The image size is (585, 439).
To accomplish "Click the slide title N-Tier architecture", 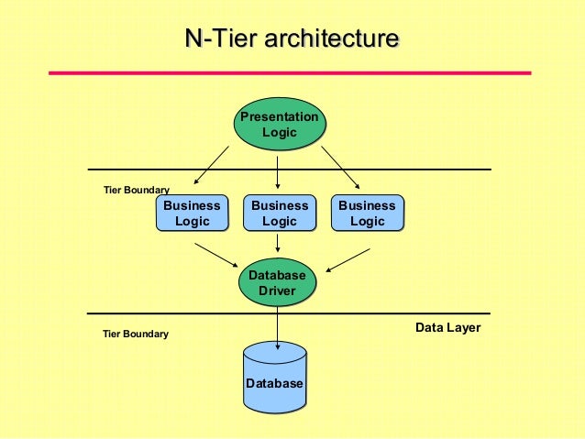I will tap(292, 38).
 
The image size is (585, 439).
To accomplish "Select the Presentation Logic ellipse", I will tap(279, 125).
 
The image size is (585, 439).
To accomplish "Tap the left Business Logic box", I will tap(192, 214).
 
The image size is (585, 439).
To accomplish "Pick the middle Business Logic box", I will tap(279, 214).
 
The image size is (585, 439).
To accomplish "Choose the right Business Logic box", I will tap(367, 214).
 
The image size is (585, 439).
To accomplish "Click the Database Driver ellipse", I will tap(277, 283).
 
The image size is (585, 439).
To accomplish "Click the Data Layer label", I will tap(447, 327).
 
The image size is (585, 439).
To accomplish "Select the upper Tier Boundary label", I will tap(136, 190).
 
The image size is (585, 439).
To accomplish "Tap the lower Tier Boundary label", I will tap(136, 335).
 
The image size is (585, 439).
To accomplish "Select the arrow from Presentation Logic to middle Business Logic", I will tap(278, 170).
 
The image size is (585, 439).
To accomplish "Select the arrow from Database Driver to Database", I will tap(277, 324).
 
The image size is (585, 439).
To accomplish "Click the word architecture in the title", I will tap(331, 38).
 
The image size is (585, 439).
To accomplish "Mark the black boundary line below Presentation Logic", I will tap(413, 170).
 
